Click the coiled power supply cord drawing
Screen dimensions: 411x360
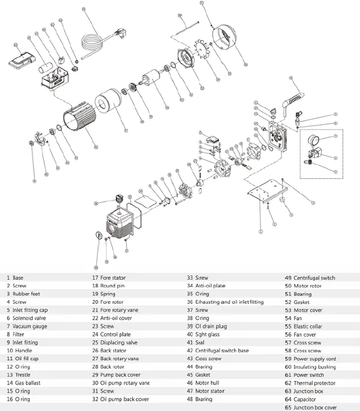91,41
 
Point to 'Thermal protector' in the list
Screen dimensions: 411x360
314,383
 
